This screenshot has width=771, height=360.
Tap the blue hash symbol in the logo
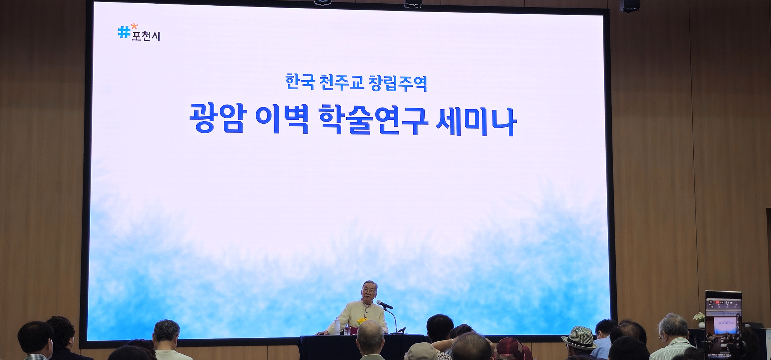124,33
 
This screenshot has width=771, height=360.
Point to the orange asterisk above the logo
134,26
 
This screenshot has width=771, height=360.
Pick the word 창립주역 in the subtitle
398,82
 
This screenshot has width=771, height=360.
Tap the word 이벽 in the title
283,119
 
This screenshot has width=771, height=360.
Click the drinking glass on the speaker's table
348,330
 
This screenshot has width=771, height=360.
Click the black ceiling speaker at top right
629,5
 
